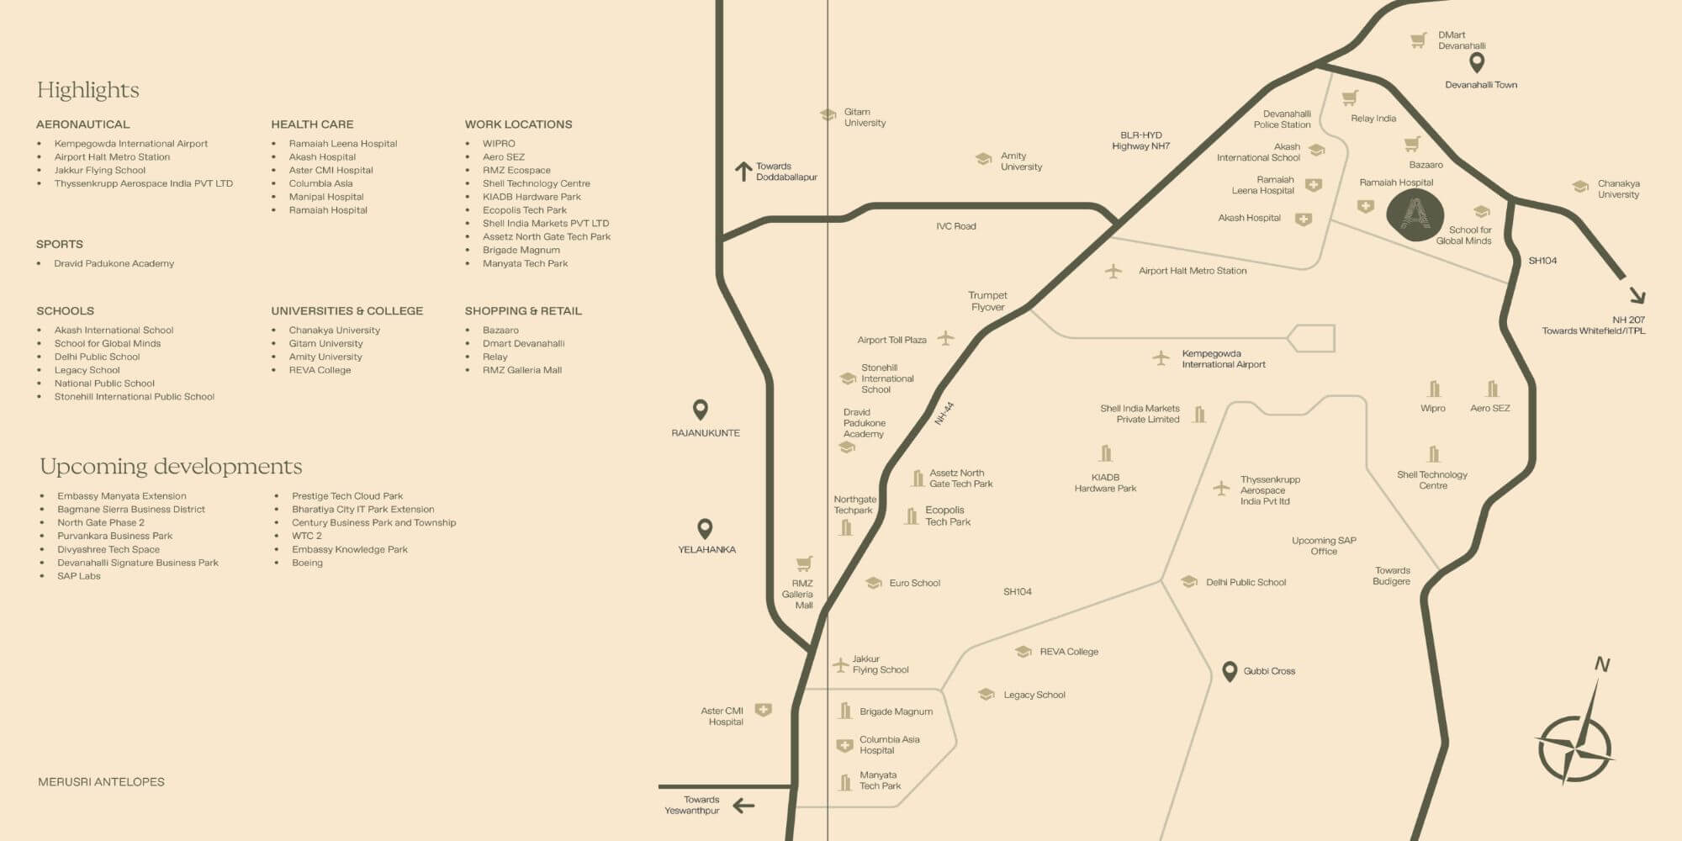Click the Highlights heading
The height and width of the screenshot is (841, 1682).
click(87, 90)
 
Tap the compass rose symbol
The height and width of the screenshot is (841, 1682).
click(1575, 746)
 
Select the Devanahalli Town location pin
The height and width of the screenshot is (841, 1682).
click(1476, 62)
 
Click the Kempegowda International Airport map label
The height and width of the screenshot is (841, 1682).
click(1223, 359)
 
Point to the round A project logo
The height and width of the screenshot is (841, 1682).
click(1415, 215)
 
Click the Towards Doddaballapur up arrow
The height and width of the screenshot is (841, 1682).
click(743, 172)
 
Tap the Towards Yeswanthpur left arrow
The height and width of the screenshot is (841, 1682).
click(743, 806)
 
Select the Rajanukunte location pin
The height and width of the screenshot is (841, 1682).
click(700, 410)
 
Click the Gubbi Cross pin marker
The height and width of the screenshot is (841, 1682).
click(1229, 671)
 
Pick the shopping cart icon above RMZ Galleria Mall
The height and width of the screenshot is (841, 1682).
click(804, 563)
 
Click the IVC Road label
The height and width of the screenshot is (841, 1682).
click(955, 226)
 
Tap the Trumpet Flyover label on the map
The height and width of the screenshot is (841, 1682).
click(987, 301)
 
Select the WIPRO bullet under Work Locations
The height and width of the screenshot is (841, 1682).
click(499, 144)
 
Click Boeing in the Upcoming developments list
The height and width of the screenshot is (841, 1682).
click(307, 563)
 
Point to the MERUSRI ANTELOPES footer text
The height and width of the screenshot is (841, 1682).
click(101, 782)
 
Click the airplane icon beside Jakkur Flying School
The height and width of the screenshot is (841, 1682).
click(840, 664)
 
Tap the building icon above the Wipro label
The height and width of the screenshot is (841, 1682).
click(1434, 389)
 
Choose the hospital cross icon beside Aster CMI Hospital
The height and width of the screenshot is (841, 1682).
click(763, 711)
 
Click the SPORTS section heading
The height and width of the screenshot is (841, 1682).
click(59, 244)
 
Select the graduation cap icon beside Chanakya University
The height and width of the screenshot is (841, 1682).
click(1580, 187)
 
